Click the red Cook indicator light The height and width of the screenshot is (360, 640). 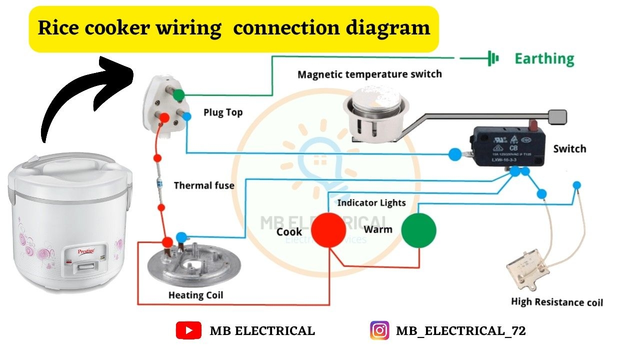(328, 230)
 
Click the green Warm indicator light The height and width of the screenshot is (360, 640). (419, 230)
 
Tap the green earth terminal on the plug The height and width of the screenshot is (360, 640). (178, 94)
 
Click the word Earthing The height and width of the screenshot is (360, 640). (544, 59)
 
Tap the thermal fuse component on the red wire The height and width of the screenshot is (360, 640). (159, 183)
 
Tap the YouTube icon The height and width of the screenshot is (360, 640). (188, 330)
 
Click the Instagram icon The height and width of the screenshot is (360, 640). (379, 330)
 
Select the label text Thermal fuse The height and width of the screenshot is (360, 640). (204, 185)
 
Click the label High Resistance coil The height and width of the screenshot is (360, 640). (557, 302)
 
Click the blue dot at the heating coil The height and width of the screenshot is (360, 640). (182, 237)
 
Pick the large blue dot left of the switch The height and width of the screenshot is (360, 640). (454, 154)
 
